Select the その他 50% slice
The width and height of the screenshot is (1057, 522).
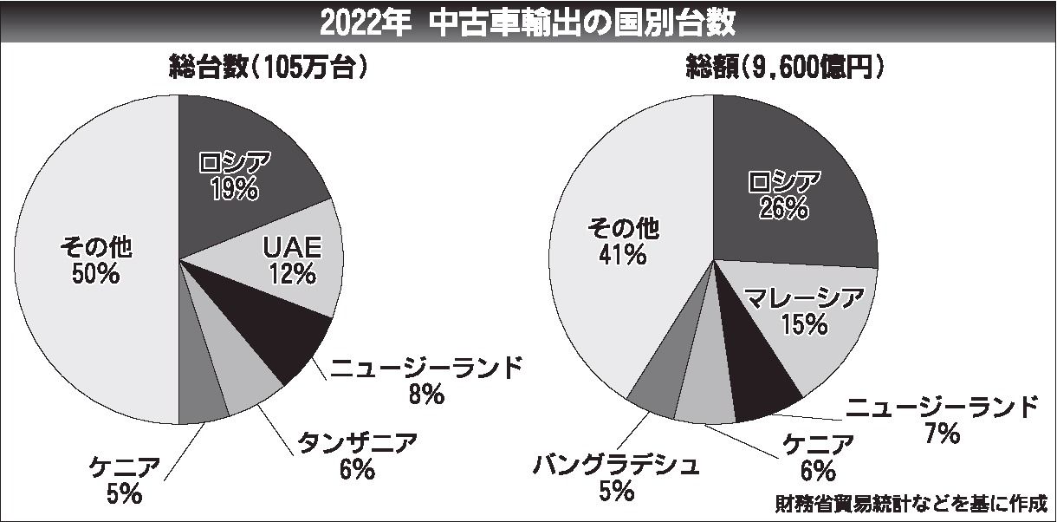pos(95,261)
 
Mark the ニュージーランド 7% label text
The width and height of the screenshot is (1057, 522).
pos(941,418)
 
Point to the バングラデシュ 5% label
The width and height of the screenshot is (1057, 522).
pos(615,478)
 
